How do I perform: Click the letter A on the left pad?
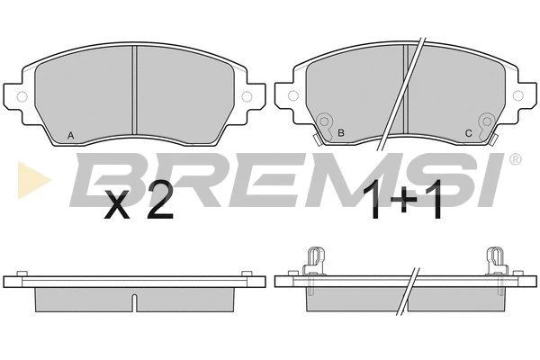coord(70,136)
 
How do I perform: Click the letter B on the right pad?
coord(341,133)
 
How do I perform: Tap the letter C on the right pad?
coord(468,133)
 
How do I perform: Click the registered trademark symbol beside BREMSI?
coord(515,158)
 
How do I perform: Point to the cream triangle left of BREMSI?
coord(33,180)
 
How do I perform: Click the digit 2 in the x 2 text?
coord(159,203)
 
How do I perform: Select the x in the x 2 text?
coord(117,208)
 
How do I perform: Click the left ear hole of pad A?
coord(22,97)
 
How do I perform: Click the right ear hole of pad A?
coord(247,97)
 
